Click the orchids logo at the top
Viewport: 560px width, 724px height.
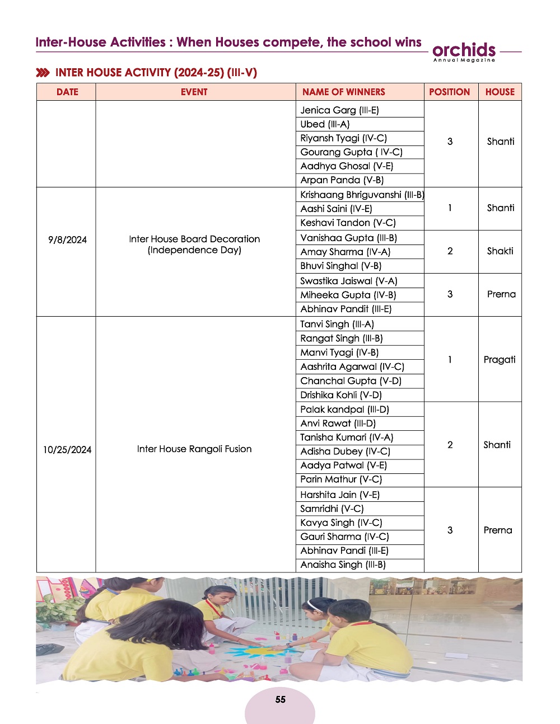tap(464, 51)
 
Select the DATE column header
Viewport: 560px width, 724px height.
tap(67, 92)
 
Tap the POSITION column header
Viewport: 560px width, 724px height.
tap(449, 92)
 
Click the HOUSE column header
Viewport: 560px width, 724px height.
tap(500, 92)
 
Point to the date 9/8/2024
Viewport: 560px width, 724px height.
tap(67, 240)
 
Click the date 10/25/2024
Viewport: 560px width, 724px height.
tap(67, 450)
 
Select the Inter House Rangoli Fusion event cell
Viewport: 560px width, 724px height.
tap(194, 449)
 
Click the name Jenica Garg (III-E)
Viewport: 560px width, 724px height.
tap(339, 110)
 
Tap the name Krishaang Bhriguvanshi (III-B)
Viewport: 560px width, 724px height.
tap(362, 195)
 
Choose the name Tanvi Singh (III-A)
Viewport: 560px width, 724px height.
tap(337, 324)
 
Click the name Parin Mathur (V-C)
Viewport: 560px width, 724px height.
tap(341, 479)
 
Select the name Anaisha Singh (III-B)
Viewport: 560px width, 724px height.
tap(343, 565)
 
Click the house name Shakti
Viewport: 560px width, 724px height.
tap(500, 251)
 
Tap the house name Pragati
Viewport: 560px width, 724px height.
tap(500, 360)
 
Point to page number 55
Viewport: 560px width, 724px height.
tap(280, 699)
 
